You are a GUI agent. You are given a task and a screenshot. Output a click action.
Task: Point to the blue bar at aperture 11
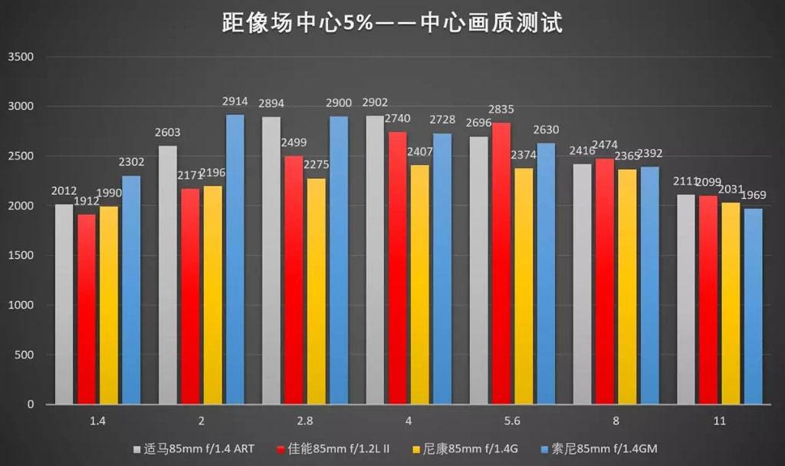coord(754,306)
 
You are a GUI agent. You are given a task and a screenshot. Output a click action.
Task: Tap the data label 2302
coord(132,162)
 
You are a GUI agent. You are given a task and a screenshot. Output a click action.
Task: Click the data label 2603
coord(168,132)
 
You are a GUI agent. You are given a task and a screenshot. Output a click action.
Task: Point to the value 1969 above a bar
coord(754,194)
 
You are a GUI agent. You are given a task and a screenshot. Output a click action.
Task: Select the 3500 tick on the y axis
coord(21,58)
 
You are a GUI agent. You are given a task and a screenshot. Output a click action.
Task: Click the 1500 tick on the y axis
coord(21,256)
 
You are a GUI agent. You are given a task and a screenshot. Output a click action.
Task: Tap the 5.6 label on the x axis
coord(512,421)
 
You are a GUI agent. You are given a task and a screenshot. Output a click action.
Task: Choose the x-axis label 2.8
coord(304,421)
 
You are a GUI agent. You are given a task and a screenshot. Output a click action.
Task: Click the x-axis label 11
coord(719,421)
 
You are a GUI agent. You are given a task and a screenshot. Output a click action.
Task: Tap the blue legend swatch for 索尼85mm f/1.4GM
coord(545,448)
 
